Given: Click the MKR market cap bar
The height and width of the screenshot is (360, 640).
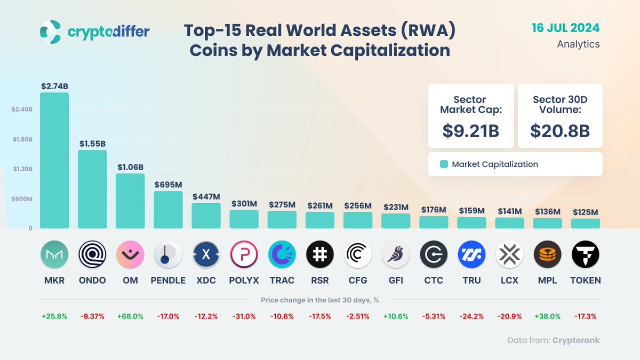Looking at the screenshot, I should click(x=54, y=160).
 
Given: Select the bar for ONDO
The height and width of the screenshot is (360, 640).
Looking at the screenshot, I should click(x=92, y=189).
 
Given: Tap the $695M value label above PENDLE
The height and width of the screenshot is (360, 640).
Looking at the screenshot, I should click(x=168, y=185).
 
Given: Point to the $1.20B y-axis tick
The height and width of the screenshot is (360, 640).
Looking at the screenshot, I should click(x=23, y=169).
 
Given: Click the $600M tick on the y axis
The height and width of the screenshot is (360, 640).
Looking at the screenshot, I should click(x=23, y=199).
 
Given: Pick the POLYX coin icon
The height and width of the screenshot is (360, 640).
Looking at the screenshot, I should click(x=244, y=254).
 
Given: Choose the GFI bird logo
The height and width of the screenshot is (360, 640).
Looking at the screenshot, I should click(x=396, y=254).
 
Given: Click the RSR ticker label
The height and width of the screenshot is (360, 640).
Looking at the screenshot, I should click(x=320, y=280).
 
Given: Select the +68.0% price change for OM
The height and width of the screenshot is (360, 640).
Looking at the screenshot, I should click(x=130, y=316).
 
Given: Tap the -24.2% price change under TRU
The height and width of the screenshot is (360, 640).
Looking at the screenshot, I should click(x=471, y=316).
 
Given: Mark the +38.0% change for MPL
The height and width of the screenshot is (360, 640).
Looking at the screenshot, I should click(x=547, y=316).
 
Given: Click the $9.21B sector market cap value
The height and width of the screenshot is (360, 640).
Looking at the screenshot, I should click(x=470, y=130).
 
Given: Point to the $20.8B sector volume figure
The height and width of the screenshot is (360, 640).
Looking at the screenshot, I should click(x=560, y=130).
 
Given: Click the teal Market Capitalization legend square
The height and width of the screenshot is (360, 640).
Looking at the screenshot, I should click(x=444, y=164).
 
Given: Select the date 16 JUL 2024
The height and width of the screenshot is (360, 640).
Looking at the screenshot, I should click(x=566, y=28).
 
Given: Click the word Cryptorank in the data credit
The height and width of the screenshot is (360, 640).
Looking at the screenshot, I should click(x=576, y=340).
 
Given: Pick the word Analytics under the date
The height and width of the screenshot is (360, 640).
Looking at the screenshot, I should click(x=578, y=44).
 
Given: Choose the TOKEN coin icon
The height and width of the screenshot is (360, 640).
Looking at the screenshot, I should click(x=585, y=254).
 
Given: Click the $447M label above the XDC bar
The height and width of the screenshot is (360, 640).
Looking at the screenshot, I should click(x=206, y=197).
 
